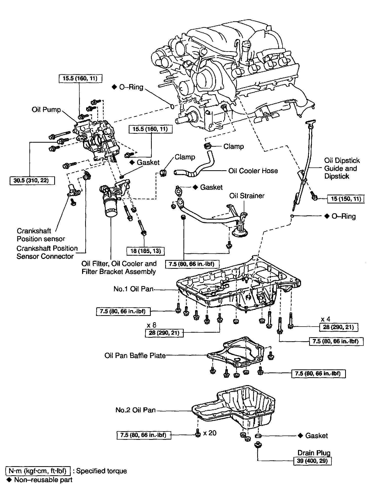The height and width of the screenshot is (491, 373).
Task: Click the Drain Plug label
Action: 314,453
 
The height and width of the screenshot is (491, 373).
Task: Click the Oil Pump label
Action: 46,109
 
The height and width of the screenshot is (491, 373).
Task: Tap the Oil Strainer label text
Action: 247,196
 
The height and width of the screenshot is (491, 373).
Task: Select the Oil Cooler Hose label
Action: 253,171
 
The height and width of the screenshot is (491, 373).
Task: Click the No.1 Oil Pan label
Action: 133,289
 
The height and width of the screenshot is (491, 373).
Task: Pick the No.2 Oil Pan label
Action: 135,410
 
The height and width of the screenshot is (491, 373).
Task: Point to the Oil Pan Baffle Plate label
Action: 135,355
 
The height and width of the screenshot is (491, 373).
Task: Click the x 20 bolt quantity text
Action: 210,433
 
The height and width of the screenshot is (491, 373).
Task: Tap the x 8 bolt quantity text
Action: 152,325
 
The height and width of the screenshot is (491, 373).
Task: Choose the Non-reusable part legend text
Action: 43,480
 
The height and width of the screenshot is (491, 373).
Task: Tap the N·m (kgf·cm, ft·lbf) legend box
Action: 38,471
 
